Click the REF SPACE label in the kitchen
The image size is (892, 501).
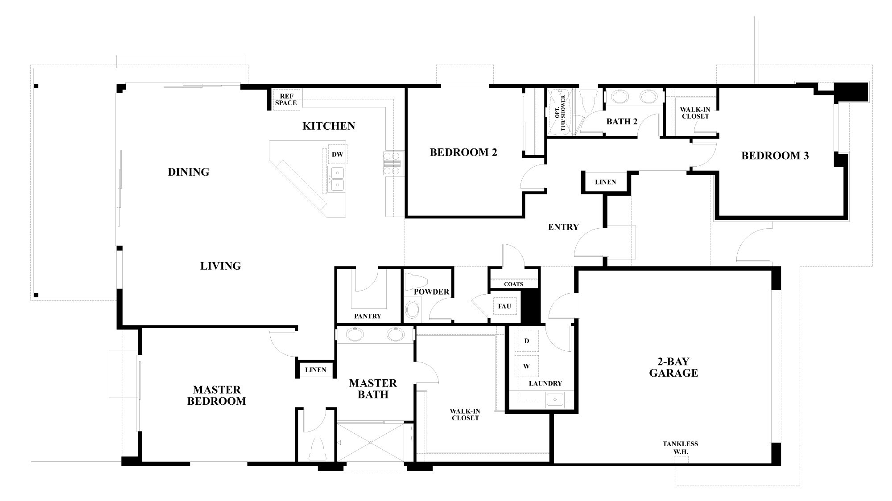(x=285, y=99)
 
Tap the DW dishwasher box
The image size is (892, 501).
(x=338, y=154)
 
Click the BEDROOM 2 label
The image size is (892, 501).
(x=463, y=152)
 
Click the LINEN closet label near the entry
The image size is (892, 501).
(x=605, y=182)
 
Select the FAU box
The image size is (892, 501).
(x=504, y=306)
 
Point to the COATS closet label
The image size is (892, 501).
(x=513, y=284)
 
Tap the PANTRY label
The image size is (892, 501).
(x=368, y=316)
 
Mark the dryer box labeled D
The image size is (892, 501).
(x=527, y=341)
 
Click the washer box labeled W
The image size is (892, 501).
(x=526, y=366)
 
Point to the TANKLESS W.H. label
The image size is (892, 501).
(x=680, y=448)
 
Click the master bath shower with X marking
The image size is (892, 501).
(x=370, y=442)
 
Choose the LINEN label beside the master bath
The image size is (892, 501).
(x=315, y=370)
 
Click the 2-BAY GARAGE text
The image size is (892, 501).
(x=673, y=367)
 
